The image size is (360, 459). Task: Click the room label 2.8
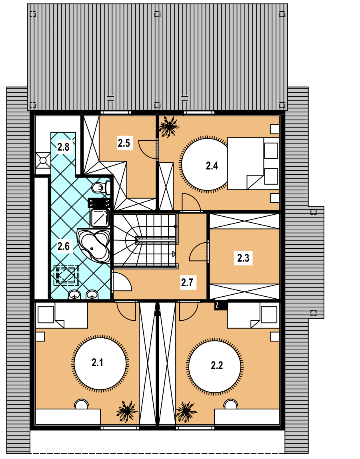63,147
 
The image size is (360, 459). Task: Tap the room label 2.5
124,143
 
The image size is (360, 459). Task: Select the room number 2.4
212,166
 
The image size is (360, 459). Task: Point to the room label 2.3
243,258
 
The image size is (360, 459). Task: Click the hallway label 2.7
187,283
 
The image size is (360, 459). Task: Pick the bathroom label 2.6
63,246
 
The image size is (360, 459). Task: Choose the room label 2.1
97,363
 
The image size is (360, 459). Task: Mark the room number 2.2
217,365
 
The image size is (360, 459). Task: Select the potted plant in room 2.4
169,126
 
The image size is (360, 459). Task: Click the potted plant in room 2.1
127,411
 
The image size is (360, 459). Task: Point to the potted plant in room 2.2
186,412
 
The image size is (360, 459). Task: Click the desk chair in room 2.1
81,404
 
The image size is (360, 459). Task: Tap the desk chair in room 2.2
231,404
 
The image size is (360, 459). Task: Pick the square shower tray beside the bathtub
100,218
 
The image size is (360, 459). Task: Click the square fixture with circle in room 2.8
43,160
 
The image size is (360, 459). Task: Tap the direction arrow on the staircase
174,254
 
